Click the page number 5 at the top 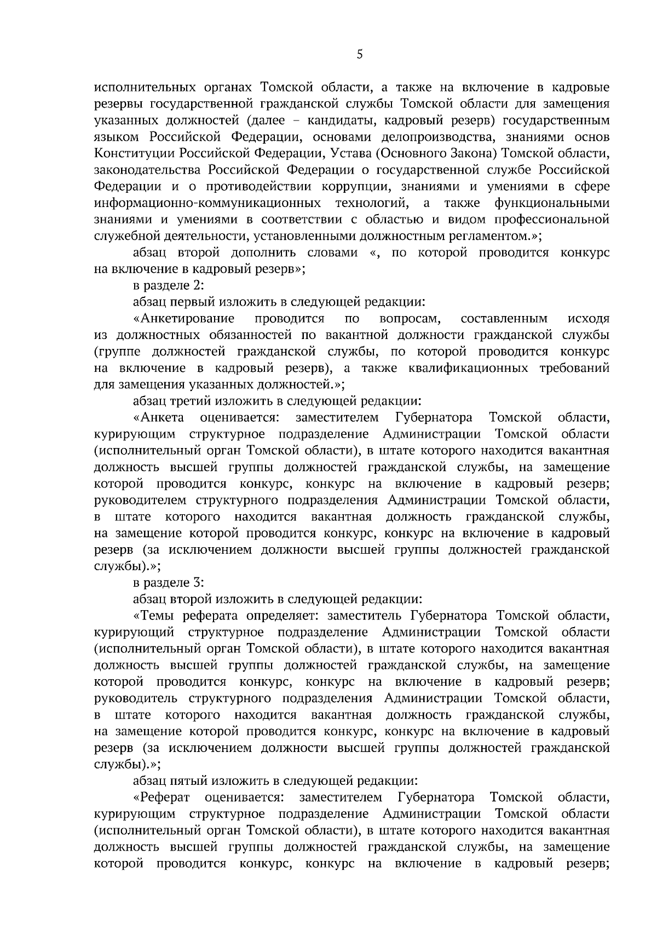tap(359, 54)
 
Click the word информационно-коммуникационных tap(208, 203)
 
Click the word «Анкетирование tap(184, 318)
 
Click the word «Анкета tap(159, 417)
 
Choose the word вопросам tap(411, 318)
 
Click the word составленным tap(504, 318)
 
